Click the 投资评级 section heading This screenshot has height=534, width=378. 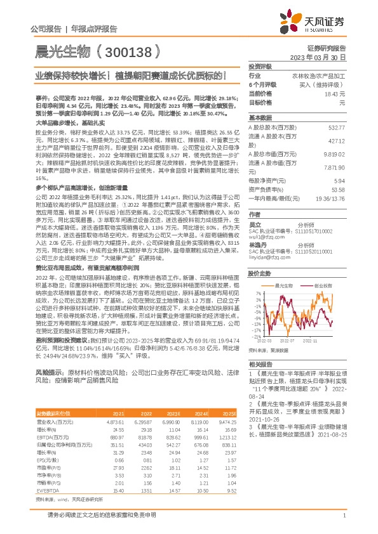click(260, 66)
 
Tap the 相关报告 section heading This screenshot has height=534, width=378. click(260, 365)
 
